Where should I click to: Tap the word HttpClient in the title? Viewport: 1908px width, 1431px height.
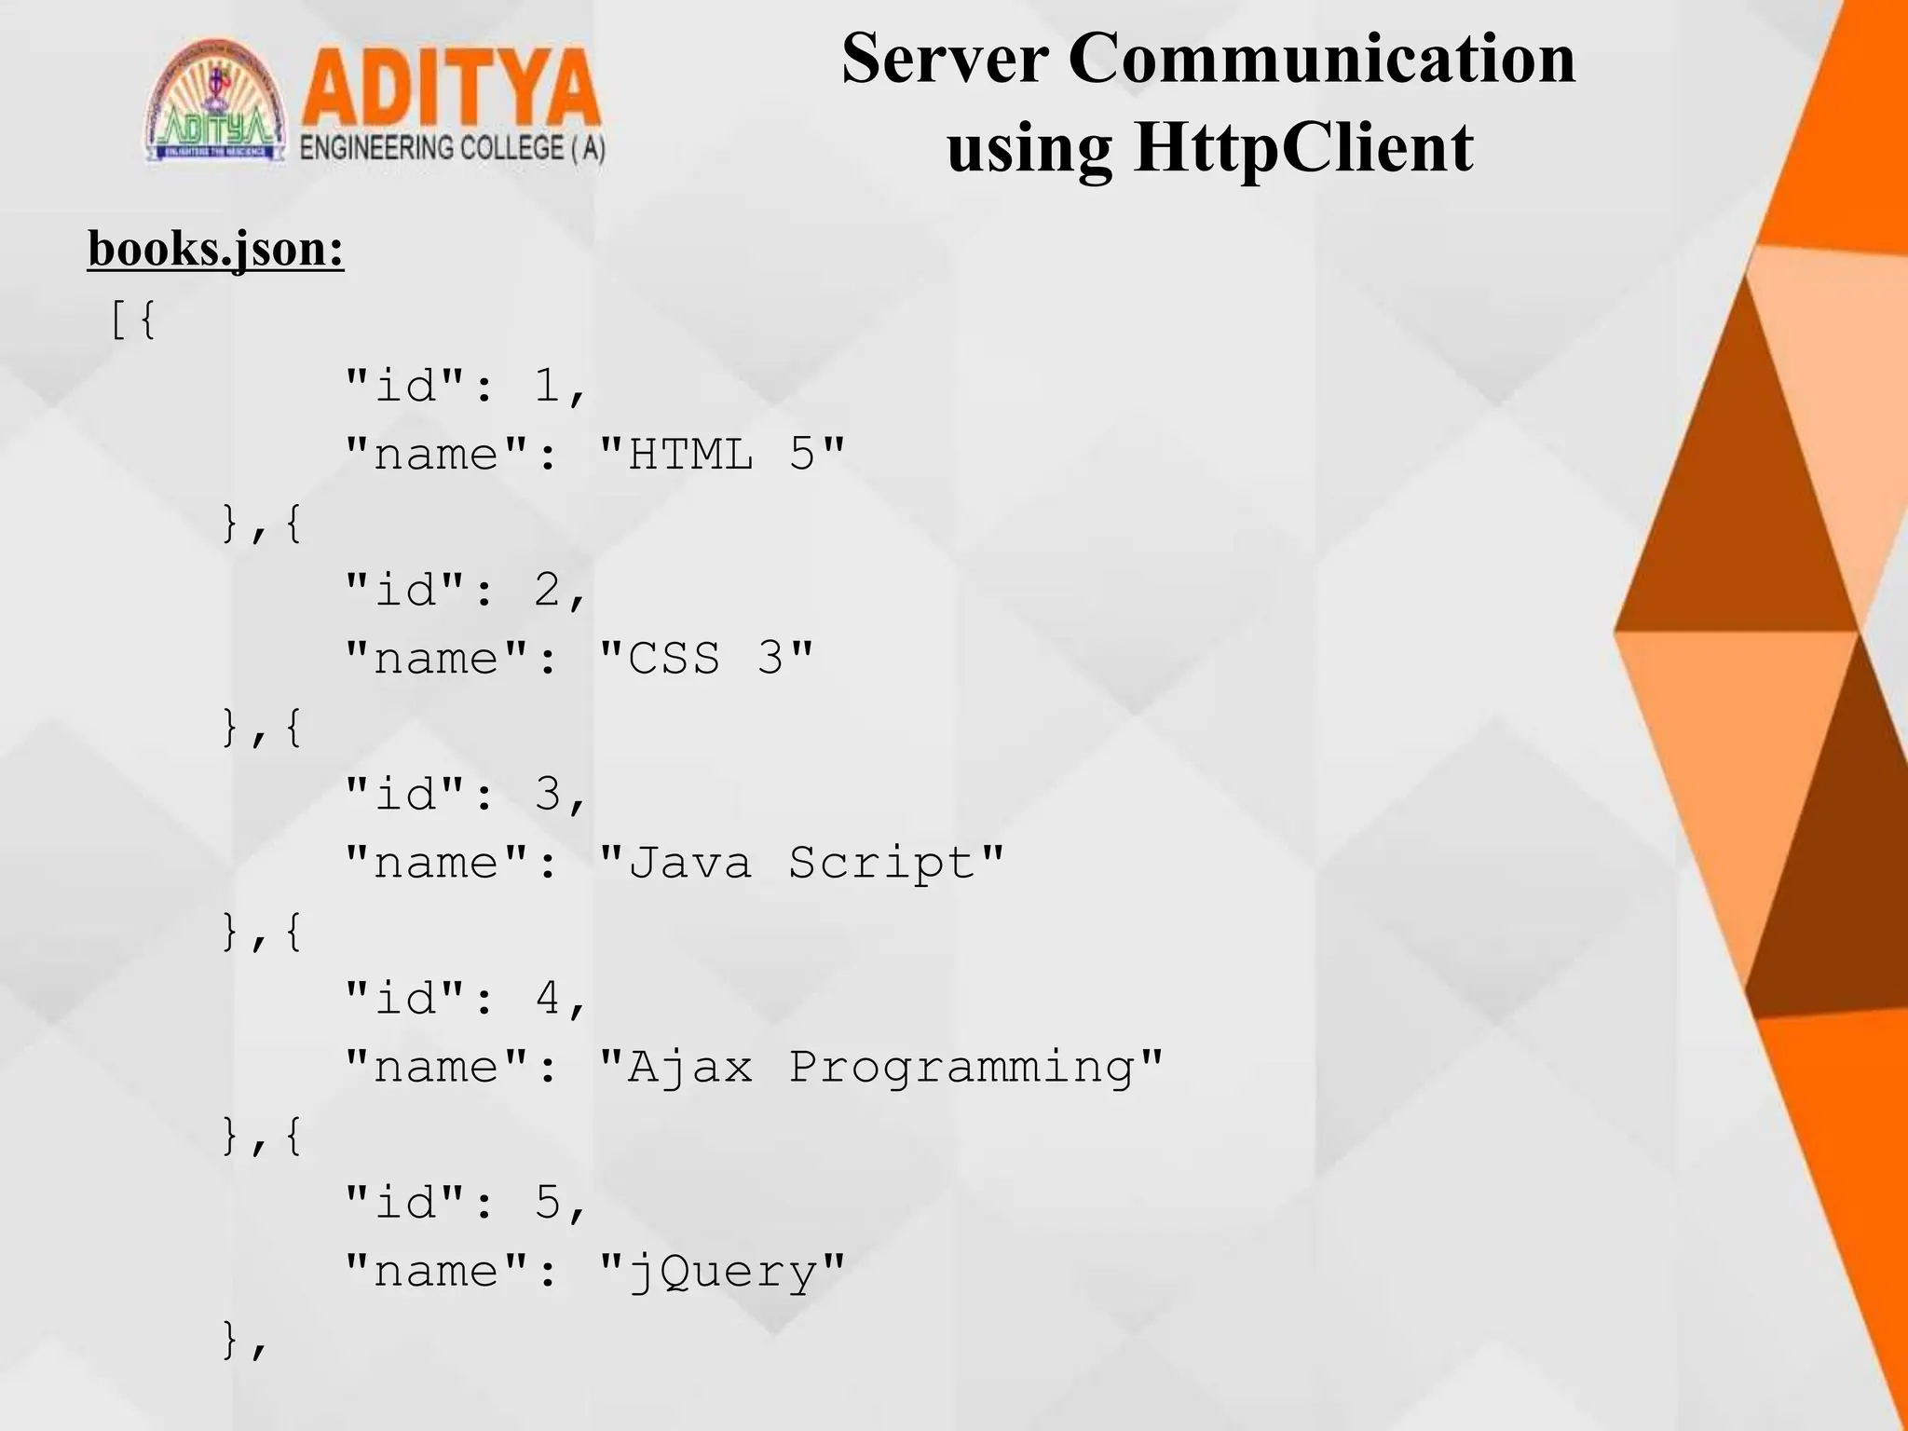(x=1303, y=147)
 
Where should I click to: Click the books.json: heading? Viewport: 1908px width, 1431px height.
(x=216, y=249)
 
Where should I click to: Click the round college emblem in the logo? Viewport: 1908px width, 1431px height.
(x=215, y=102)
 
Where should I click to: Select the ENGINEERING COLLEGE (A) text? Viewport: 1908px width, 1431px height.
(x=452, y=149)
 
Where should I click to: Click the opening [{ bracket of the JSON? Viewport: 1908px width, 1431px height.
(x=132, y=320)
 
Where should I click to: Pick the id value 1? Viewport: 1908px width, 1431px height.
(x=548, y=386)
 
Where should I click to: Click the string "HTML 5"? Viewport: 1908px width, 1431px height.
(x=722, y=455)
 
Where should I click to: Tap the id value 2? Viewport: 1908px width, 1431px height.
(x=548, y=590)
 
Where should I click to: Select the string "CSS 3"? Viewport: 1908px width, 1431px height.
(x=706, y=659)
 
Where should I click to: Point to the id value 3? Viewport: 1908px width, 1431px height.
(x=548, y=794)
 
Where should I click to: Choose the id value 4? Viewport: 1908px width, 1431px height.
(x=548, y=998)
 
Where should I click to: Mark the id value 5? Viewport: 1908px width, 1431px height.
(x=548, y=1203)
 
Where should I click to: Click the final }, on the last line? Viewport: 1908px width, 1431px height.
(x=244, y=1340)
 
